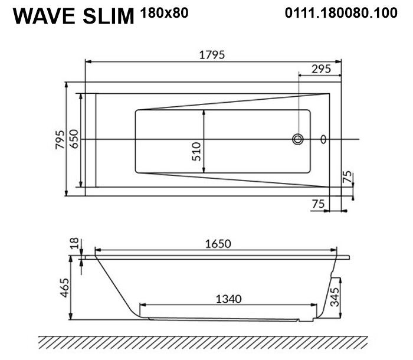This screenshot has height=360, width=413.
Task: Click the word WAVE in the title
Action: click(x=44, y=17)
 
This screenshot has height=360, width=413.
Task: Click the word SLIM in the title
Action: click(x=109, y=17)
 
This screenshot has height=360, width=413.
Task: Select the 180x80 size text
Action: click(x=165, y=12)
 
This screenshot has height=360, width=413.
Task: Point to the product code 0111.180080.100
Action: click(x=341, y=12)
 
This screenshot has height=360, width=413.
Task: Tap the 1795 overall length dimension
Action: click(x=212, y=55)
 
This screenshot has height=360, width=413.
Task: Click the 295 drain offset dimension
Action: click(x=321, y=69)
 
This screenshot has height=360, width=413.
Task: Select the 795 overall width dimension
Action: click(x=60, y=139)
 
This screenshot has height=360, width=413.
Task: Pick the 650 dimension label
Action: click(x=74, y=139)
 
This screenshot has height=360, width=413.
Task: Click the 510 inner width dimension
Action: click(x=196, y=152)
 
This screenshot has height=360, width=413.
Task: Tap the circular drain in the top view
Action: click(x=298, y=139)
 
